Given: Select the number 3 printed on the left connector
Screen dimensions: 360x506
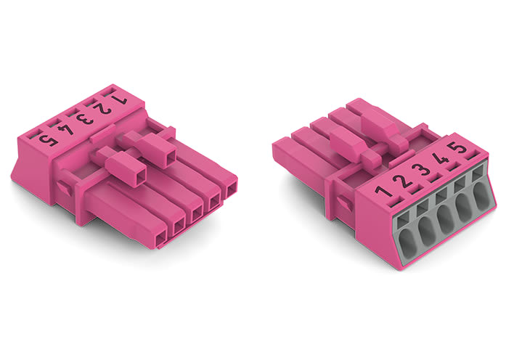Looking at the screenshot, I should click(86, 115).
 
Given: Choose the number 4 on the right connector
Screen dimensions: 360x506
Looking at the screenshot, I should click(437, 160).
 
